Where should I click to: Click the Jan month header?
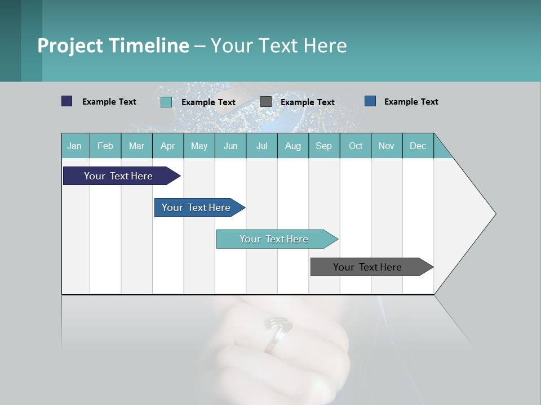tap(74, 146)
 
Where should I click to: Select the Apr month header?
tap(167, 146)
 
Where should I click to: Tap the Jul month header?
tap(261, 146)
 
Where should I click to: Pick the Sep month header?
tap(323, 146)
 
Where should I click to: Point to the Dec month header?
tap(418, 146)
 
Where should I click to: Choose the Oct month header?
tap(356, 146)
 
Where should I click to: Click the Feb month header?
tap(105, 146)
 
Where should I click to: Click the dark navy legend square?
tap(66, 101)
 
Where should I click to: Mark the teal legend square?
tap(166, 102)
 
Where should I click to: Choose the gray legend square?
tap(266, 102)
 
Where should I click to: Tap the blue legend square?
tap(370, 101)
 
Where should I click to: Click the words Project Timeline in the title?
tap(113, 46)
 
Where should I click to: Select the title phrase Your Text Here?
tap(278, 46)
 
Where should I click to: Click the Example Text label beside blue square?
tap(411, 102)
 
